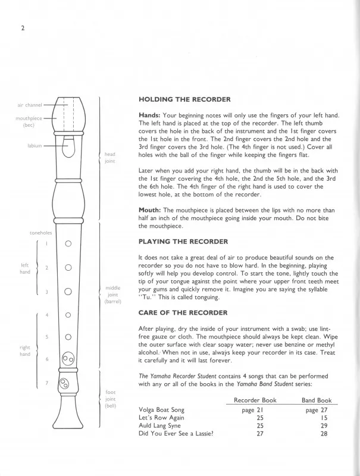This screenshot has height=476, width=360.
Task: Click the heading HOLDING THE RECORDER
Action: [184, 99]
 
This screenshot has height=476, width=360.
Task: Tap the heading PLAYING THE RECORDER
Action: [183, 241]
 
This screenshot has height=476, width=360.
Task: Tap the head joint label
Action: [109, 158]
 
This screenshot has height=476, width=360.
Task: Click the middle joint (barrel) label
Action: [112, 295]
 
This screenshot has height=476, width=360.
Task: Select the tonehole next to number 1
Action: [68, 243]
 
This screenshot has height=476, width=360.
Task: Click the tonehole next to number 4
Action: [68, 315]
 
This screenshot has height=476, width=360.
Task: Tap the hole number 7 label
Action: [46, 382]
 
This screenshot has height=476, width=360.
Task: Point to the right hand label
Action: [24, 350]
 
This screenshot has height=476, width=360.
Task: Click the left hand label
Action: [24, 268]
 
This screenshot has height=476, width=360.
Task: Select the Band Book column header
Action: [317, 400]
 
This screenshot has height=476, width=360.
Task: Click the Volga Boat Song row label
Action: [161, 410]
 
